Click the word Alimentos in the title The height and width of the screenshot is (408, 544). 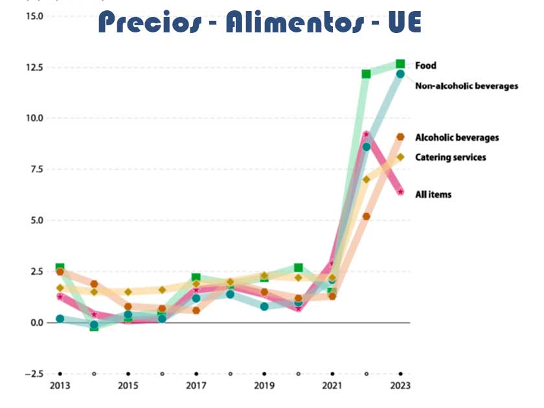(295, 23)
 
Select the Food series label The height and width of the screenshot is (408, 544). (425, 65)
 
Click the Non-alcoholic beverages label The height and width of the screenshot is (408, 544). (466, 85)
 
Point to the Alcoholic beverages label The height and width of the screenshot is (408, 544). (457, 137)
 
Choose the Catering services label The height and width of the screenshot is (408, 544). (450, 157)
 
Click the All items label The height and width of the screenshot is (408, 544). (433, 194)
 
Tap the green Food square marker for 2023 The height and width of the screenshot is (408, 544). (400, 63)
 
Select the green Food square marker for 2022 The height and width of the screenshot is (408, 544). (366, 74)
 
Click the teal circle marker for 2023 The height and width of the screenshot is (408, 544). (400, 74)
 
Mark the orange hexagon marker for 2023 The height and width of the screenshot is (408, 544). (400, 137)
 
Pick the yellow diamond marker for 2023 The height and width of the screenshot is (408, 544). (400, 157)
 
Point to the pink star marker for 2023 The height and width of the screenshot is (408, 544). (400, 192)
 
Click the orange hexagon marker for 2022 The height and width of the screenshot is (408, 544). (366, 216)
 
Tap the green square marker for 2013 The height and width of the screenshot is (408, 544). (60, 267)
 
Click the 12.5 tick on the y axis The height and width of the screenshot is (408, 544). (34, 67)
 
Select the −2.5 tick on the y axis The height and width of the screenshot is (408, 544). (32, 374)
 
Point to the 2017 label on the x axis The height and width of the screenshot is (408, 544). (196, 386)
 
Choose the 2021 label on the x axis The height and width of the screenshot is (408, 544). (332, 386)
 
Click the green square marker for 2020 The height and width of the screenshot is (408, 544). (298, 267)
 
